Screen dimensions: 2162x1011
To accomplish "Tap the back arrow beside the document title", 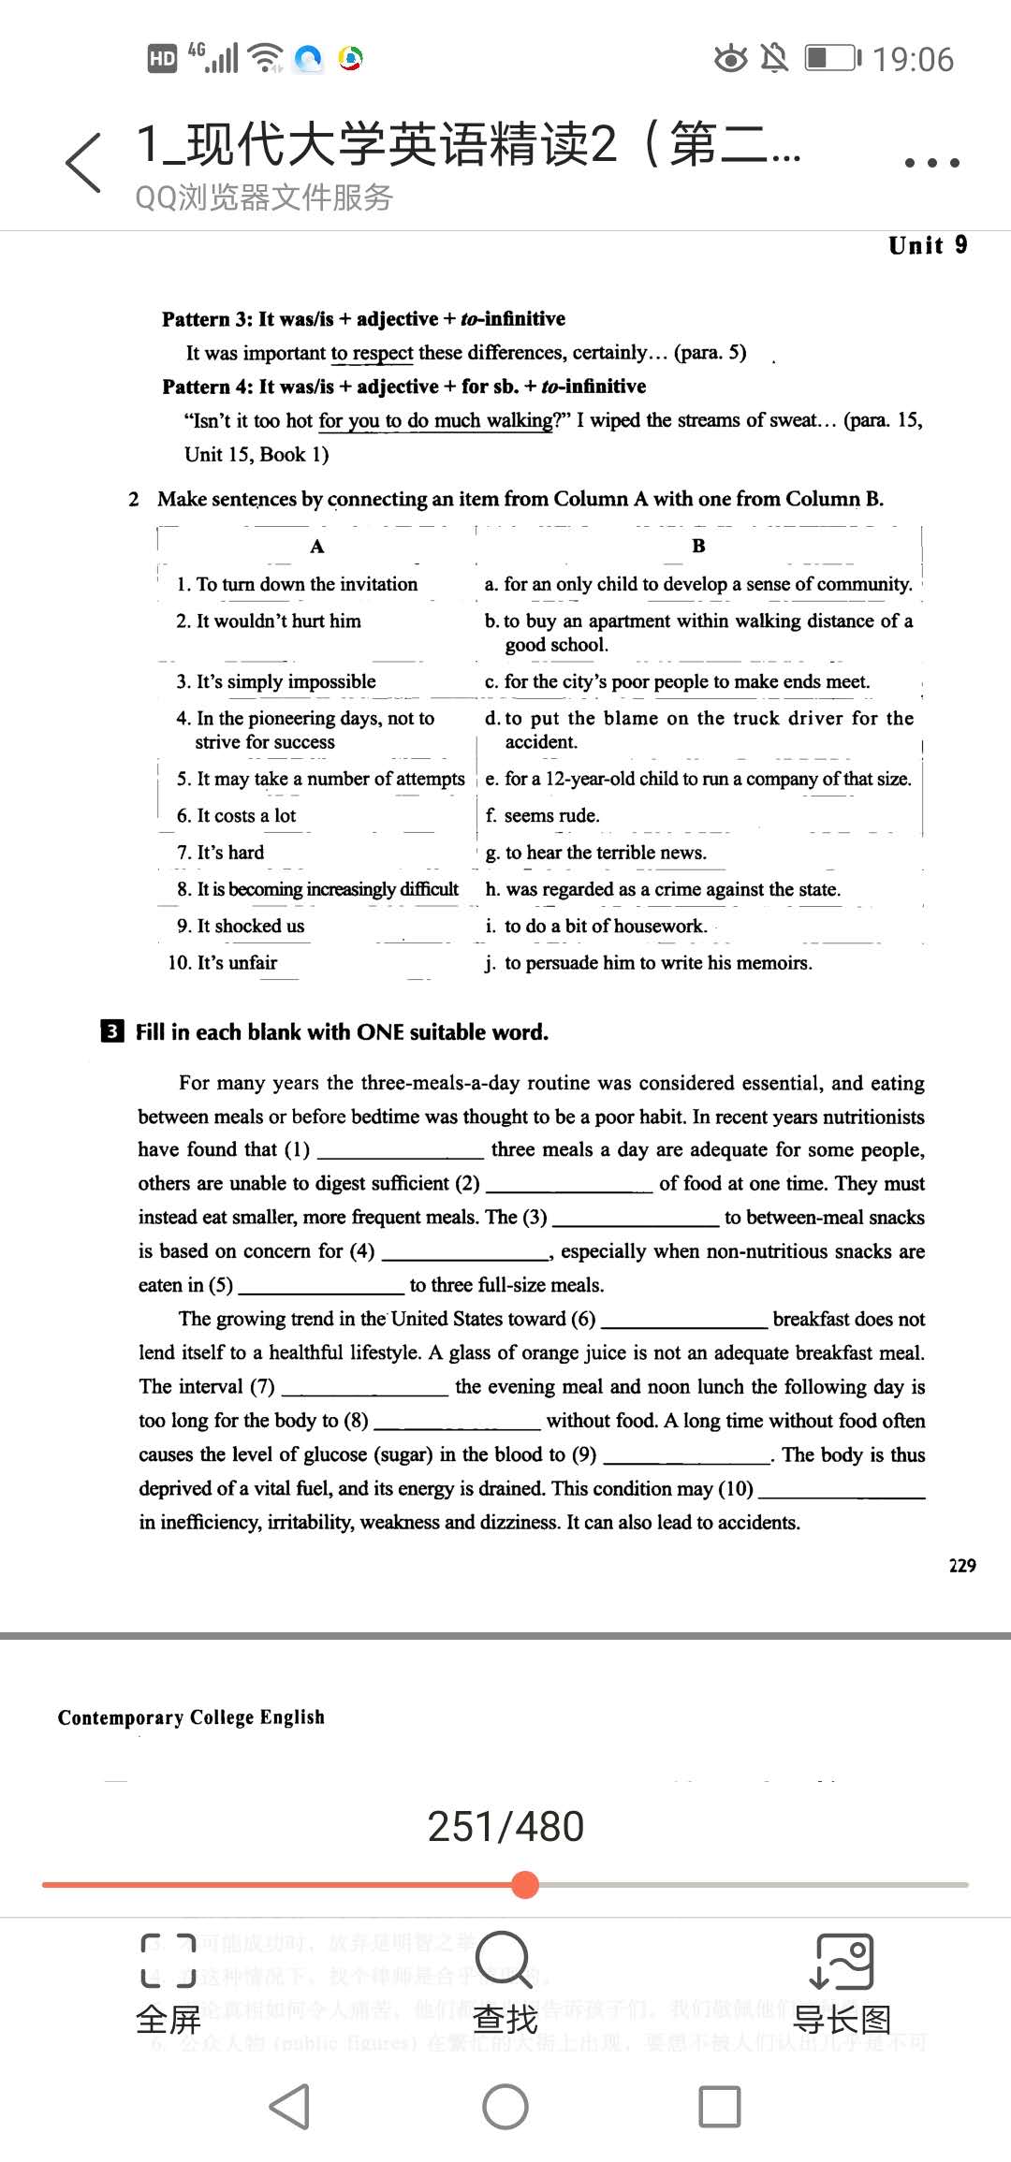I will point(83,163).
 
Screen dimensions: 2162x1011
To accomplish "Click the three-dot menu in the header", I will point(931,163).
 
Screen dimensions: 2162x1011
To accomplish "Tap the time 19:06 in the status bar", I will point(913,60).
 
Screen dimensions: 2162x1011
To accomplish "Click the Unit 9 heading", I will point(928,245).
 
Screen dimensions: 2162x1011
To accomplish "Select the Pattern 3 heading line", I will point(363,319).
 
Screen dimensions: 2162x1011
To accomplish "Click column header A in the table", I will point(317,547).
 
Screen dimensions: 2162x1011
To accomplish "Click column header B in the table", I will point(698,546).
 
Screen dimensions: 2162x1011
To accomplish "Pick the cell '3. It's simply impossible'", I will point(276,681).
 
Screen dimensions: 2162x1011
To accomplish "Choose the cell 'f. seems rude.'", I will point(543,815).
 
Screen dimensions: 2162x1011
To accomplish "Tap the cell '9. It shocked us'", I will point(241,926).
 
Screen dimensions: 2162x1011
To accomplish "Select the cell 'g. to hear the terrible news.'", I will point(596,853).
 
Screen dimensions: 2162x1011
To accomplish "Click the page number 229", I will point(962,1566).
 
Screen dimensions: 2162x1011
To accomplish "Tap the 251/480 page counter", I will point(505,1826).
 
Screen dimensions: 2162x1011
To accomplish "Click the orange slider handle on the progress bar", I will point(526,1884).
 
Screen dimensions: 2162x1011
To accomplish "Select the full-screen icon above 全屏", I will point(168,1960).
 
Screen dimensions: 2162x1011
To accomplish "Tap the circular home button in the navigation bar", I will point(505,2106).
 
